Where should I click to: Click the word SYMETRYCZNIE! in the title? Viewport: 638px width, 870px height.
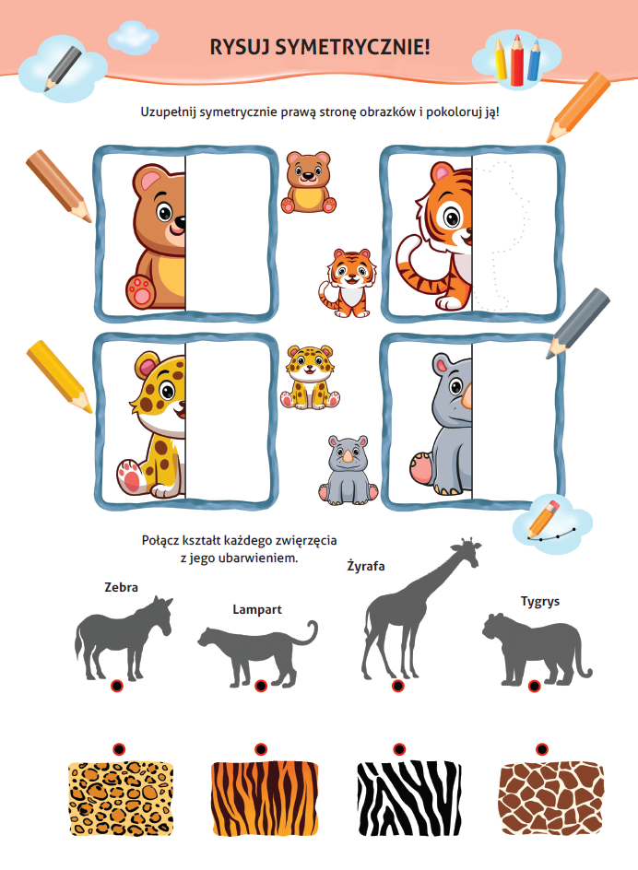[x=352, y=47]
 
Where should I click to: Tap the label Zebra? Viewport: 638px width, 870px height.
[x=121, y=587]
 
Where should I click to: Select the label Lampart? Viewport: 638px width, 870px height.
[x=257, y=609]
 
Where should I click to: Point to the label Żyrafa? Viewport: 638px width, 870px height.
[x=366, y=566]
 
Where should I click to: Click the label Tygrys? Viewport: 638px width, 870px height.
[x=540, y=602]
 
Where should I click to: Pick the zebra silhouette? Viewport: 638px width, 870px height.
[x=124, y=638]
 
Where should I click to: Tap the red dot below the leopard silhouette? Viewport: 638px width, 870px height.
[x=260, y=687]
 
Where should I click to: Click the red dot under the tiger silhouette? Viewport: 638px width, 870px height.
[x=534, y=687]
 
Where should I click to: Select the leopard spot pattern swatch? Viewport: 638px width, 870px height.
[x=121, y=798]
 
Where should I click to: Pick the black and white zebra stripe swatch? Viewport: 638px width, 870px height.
[x=408, y=798]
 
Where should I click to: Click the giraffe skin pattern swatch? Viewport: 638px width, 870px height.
[x=551, y=798]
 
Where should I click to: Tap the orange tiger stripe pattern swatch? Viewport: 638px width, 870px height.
[x=265, y=798]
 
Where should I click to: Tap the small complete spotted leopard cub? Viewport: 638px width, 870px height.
[x=310, y=377]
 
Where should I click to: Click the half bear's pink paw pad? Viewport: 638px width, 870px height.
[x=140, y=290]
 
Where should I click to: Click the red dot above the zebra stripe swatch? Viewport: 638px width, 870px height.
[x=399, y=749]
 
